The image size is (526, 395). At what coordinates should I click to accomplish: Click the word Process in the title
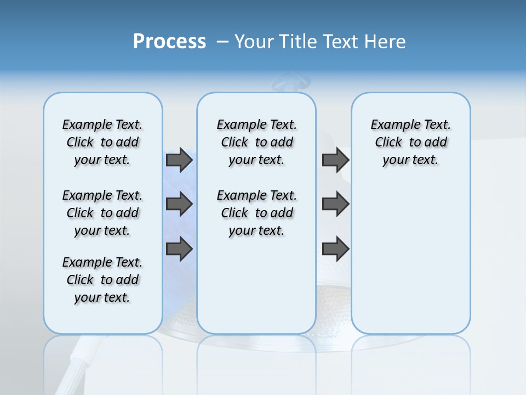point(169,42)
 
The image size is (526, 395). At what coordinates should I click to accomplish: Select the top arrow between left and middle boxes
point(179,160)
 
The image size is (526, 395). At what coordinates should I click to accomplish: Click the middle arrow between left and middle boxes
point(179,204)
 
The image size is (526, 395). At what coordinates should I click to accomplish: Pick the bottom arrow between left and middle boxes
point(179,249)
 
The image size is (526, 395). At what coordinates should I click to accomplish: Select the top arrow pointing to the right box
point(335,160)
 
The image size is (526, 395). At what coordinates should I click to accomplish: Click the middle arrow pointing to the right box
point(335,204)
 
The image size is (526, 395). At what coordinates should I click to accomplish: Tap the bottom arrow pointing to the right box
point(335,249)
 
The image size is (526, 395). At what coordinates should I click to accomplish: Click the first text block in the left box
point(102,142)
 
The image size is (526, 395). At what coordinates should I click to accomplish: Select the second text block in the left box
point(102,213)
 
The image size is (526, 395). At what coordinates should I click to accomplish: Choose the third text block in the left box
point(102,280)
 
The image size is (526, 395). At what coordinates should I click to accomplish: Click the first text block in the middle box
point(257,142)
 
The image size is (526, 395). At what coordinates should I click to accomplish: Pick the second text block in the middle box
point(257,213)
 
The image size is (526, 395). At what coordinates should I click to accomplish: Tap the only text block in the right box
point(411,142)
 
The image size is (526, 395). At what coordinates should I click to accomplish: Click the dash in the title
point(222,42)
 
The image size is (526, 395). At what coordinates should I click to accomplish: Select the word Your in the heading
point(254,42)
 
